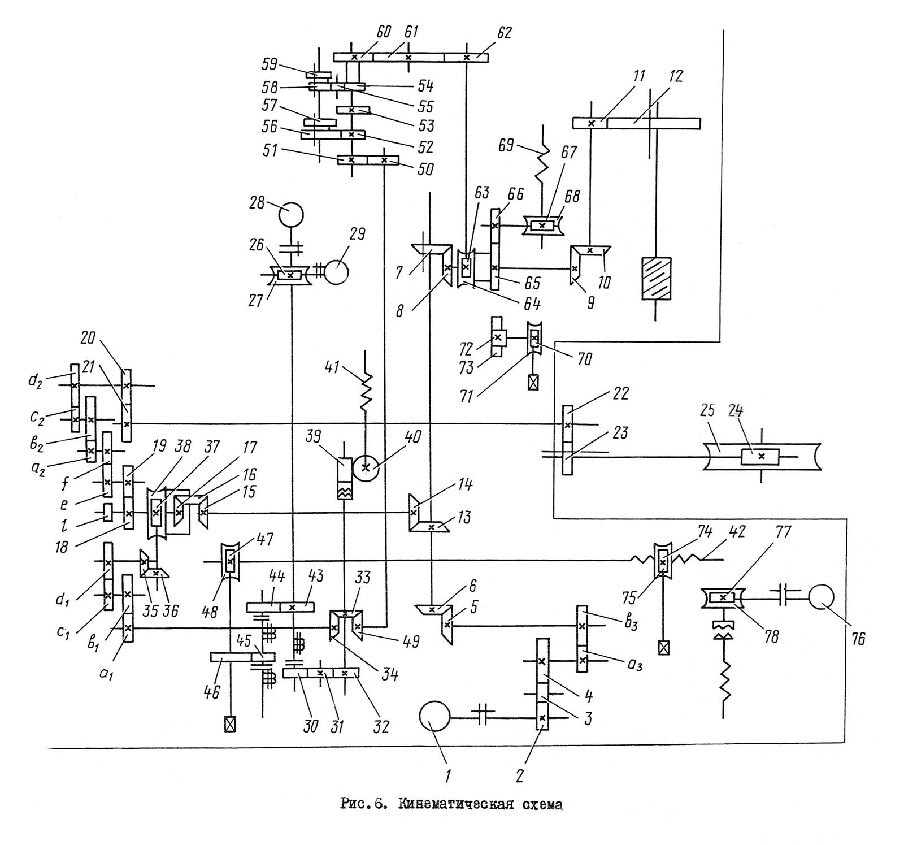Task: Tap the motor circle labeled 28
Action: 290,214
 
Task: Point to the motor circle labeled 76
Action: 822,597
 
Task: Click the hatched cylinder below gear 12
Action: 656,278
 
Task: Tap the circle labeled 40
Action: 365,467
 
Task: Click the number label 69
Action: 507,146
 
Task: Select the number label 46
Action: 212,691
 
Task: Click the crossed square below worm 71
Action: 533,383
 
